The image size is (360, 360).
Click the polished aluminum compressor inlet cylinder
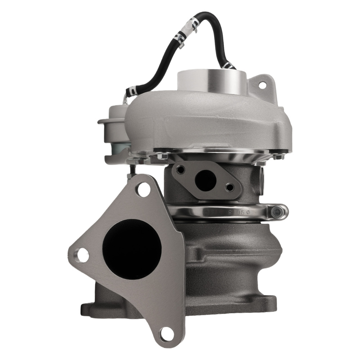click(212, 81)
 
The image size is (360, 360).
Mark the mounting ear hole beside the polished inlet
click(262, 85)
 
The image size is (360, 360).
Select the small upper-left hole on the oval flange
click(181, 170)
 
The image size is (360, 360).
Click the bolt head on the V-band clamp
click(277, 212)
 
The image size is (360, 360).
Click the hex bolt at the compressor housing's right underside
click(278, 157)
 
